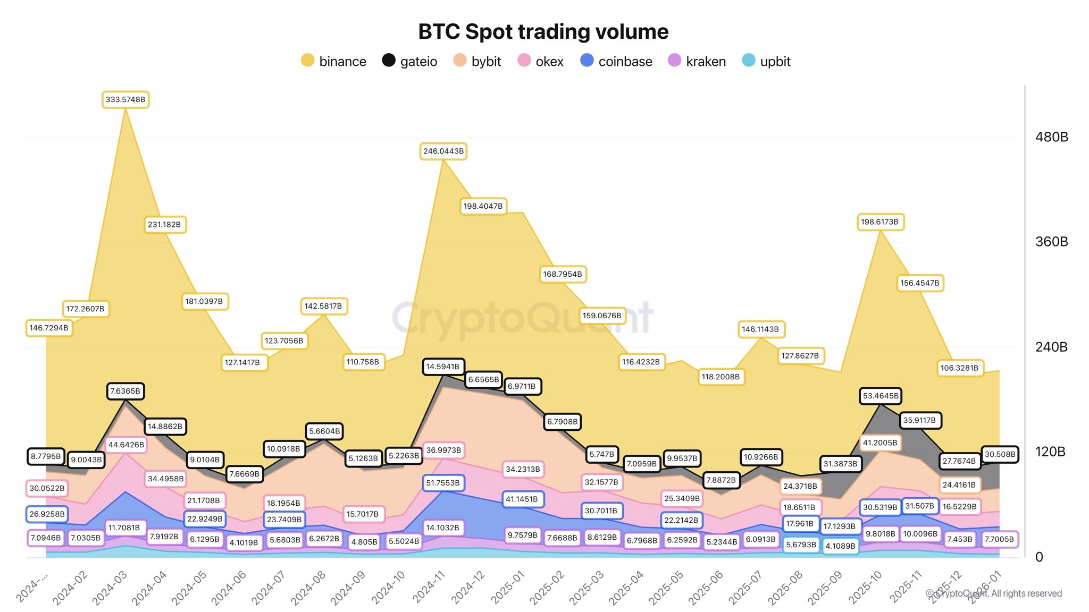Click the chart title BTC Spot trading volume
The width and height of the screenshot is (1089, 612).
[543, 32]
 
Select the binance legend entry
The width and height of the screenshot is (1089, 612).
[334, 61]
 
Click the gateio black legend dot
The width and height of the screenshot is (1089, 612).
[389, 61]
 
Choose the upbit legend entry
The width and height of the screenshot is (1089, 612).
[766, 61]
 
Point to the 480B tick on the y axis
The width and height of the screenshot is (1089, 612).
[1051, 137]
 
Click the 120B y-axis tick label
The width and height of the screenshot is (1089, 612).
[1050, 452]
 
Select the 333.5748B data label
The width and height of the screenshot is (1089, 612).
[125, 99]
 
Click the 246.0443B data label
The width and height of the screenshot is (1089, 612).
[443, 151]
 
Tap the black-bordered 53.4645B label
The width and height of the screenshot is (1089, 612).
[881, 396]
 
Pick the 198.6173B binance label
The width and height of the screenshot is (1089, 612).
[879, 222]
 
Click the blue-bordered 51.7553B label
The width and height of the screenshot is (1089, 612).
[443, 483]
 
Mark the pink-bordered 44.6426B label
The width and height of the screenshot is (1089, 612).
[126, 445]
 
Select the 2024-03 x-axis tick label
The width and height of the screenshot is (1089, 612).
[110, 588]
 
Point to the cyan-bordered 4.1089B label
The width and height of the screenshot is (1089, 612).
[840, 546]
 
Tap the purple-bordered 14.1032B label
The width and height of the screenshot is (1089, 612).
[442, 528]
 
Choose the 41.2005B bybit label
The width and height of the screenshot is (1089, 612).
[879, 443]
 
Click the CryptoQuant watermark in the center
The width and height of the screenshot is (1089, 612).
[522, 318]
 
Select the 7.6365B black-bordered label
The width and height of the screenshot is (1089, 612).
[125, 391]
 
